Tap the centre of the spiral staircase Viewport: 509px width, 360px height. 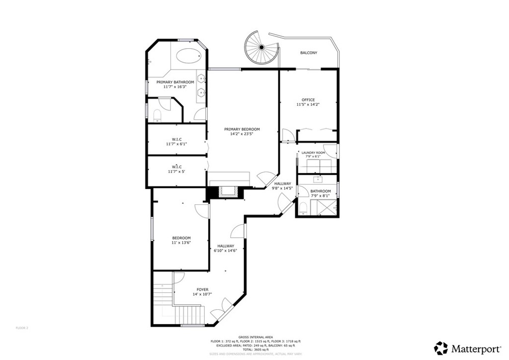pos(261,48)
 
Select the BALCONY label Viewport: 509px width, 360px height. pos(308,53)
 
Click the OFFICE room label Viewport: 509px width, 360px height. pos(308,100)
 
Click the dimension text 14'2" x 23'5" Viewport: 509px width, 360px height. pos(242,134)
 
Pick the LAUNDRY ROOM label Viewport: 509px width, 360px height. pos(313,153)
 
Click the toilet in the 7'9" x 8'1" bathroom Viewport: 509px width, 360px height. pos(303,207)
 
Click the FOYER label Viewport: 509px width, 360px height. pos(202,289)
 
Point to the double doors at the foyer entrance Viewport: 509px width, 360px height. pos(221,309)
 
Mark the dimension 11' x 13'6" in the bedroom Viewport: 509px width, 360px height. pos(181,243)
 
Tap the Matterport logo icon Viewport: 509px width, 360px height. pos(441,348)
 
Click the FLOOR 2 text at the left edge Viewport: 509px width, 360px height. pos(22,328)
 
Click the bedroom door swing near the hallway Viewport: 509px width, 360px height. pos(202,211)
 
